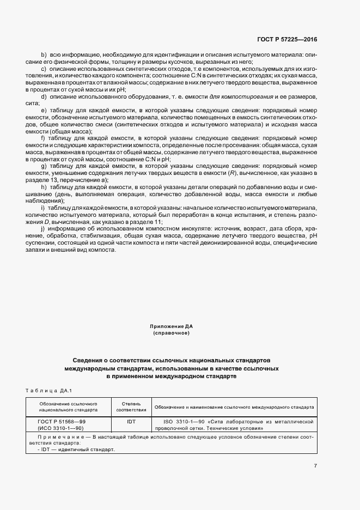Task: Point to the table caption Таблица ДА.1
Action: (x=49, y=390)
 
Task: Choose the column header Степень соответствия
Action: (x=132, y=406)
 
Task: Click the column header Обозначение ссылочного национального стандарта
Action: (x=68, y=406)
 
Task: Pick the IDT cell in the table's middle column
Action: (x=132, y=422)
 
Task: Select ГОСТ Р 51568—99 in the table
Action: (x=61, y=422)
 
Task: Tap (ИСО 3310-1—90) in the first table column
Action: (x=60, y=428)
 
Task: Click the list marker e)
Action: (x=44, y=111)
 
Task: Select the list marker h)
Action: (x=44, y=186)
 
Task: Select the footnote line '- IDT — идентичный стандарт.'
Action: (x=76, y=450)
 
